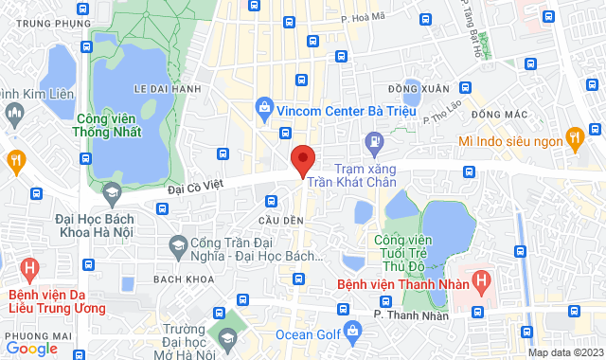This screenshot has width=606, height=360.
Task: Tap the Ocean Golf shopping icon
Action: click(x=353, y=333)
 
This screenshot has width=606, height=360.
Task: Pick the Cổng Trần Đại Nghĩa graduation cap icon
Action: click(x=177, y=247)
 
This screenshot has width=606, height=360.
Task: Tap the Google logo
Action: click(x=31, y=348)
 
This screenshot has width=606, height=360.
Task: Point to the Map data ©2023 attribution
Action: click(x=564, y=352)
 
